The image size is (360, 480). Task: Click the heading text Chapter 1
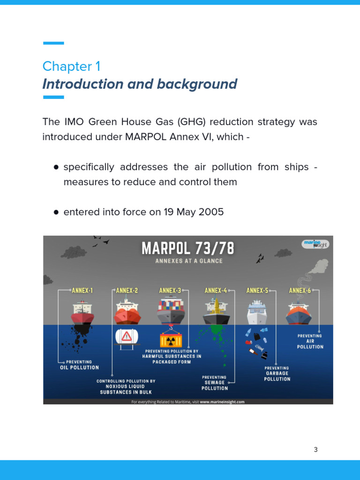71,66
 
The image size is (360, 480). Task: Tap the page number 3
315,450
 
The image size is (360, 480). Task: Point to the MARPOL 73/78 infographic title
187,248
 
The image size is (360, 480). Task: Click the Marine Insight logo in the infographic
315,244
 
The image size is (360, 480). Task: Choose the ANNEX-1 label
82,291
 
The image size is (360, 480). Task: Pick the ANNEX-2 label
127,291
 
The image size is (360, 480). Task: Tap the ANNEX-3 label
170,291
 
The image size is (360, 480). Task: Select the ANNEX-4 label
216,291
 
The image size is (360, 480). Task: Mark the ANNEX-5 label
257,291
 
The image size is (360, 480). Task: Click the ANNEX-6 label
300,291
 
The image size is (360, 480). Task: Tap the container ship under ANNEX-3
171,310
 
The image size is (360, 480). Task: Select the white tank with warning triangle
127,336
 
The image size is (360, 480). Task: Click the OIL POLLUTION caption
79,367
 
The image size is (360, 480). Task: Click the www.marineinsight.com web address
222,401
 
